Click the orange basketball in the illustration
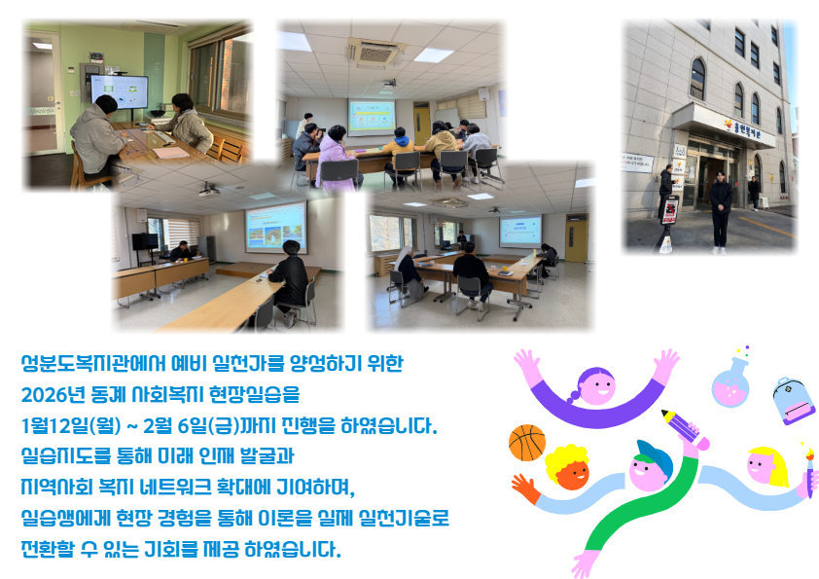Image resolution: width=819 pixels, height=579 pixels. pyautogui.click(x=527, y=443)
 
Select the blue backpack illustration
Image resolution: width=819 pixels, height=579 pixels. pyautogui.click(x=794, y=400)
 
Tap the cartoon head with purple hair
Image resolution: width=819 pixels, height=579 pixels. pyautogui.click(x=596, y=386)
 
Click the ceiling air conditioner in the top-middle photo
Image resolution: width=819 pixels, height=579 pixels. pyautogui.click(x=377, y=52)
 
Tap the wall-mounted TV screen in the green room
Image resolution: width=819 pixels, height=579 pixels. pyautogui.click(x=119, y=91)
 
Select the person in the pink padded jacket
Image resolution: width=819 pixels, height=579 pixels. pyautogui.click(x=336, y=157)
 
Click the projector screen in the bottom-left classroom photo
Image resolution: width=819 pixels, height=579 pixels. pyautogui.click(x=276, y=227)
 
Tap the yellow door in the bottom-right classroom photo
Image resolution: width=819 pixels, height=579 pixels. pyautogui.click(x=576, y=237)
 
